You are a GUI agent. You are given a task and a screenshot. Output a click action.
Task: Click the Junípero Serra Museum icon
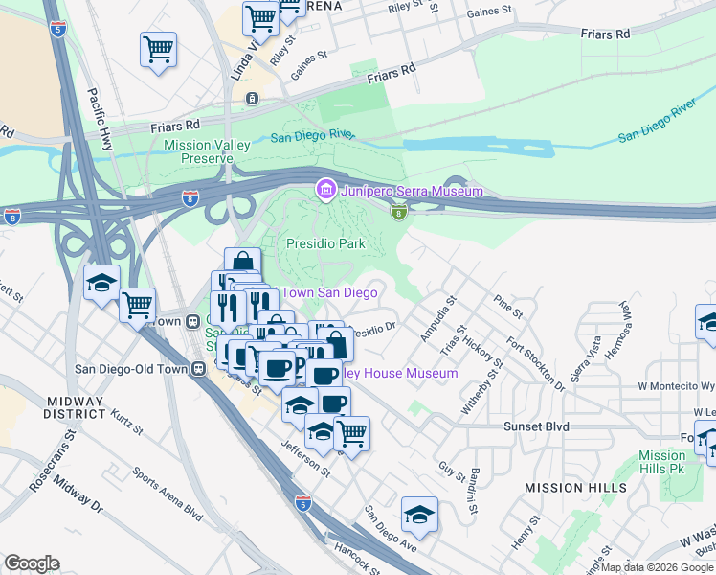coord(325,191)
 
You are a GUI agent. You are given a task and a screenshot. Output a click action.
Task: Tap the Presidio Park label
coord(326,243)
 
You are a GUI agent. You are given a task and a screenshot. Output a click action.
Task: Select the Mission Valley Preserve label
coord(207,151)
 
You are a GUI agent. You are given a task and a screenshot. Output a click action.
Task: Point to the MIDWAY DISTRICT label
coord(74,405)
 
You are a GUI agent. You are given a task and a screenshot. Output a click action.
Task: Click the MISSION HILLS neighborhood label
coord(575,488)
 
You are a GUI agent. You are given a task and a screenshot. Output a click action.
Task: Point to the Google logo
coord(32,563)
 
